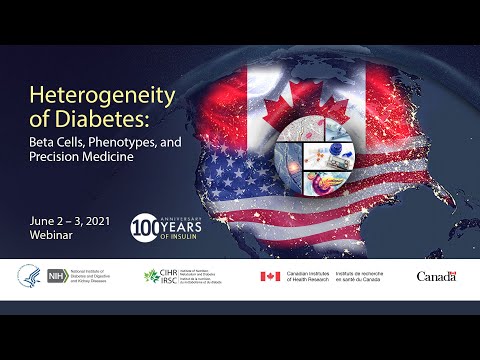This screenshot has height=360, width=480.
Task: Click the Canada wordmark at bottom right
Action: click(x=435, y=276)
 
